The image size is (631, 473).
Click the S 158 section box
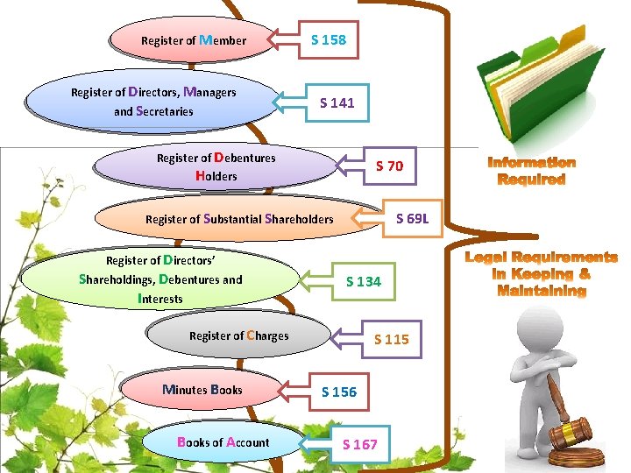[x=329, y=39]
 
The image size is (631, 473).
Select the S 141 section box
[x=337, y=103]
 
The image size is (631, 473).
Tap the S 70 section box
[x=389, y=166]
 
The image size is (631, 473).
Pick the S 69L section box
[x=413, y=218]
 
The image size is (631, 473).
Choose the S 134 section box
[x=364, y=281]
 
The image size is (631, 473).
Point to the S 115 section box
[x=392, y=339]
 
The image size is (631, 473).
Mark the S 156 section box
[x=339, y=392]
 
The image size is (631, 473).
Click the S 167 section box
[x=360, y=444]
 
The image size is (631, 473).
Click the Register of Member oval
[x=192, y=39]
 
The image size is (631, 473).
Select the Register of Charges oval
[x=238, y=335]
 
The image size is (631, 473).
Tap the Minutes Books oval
[x=202, y=390]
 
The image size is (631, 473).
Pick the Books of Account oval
[x=223, y=442]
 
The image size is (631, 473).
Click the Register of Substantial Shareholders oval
[x=238, y=219]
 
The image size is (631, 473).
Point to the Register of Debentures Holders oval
[x=216, y=166]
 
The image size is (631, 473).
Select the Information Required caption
[x=532, y=171]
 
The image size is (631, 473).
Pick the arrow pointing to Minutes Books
[x=294, y=392]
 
